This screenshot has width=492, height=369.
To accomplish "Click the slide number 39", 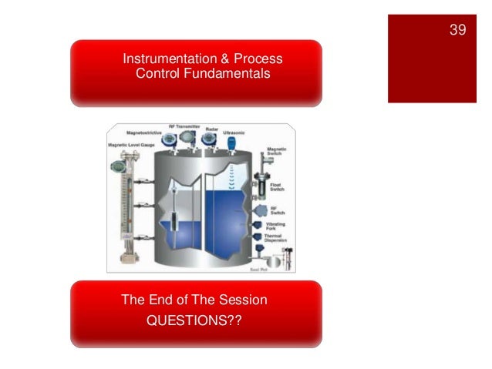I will (457, 30).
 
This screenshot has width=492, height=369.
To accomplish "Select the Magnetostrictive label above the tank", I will (147, 132).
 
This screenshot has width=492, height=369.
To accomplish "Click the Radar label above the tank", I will (211, 129).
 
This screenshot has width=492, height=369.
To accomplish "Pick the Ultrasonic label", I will (234, 133).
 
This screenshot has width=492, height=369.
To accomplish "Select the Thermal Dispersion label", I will (275, 240).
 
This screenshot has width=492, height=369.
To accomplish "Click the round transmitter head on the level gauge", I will (118, 166).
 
